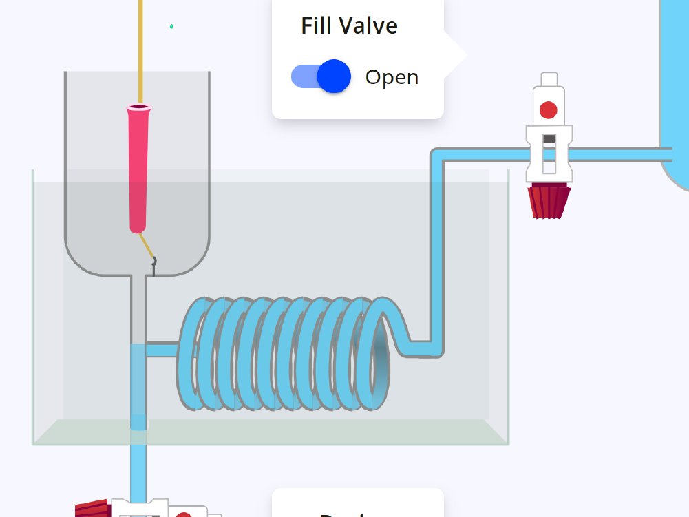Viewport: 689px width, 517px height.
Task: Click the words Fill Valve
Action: (x=349, y=26)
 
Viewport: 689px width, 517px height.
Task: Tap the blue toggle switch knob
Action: (x=335, y=76)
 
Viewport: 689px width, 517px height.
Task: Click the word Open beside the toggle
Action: (x=392, y=77)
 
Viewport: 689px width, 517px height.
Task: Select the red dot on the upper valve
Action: (x=549, y=109)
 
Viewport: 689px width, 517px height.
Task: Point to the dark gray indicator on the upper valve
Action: (x=549, y=139)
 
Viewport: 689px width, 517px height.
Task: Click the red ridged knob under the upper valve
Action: (x=549, y=200)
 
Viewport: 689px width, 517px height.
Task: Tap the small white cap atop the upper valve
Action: (x=549, y=79)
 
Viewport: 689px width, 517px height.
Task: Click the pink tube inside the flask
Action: (x=138, y=172)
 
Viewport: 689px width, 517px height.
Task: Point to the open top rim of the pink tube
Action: (x=139, y=107)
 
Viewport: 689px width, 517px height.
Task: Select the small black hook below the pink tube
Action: (x=153, y=263)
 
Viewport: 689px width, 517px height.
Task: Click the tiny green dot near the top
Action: (x=171, y=27)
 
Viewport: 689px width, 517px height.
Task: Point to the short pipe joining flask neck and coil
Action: (x=162, y=350)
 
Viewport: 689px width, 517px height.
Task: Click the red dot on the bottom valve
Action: (x=183, y=514)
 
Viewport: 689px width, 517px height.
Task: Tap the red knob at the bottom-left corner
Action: (x=94, y=509)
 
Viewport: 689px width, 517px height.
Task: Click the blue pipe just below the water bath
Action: (x=138, y=468)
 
